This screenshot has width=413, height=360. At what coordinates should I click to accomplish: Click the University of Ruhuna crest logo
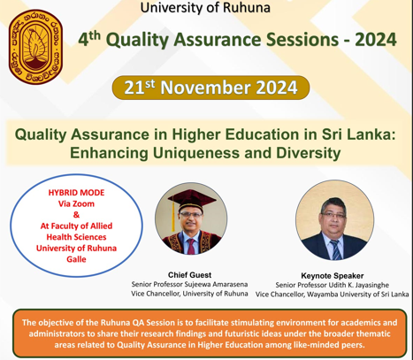35,47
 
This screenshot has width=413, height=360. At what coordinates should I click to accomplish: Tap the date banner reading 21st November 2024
210,88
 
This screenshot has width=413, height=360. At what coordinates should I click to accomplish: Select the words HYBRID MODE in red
76,193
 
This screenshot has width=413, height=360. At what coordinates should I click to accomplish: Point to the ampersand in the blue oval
76,215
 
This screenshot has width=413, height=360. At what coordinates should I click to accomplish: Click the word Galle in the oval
76,259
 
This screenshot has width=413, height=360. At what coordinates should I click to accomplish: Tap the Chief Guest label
189,275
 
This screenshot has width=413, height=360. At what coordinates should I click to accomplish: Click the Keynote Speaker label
333,276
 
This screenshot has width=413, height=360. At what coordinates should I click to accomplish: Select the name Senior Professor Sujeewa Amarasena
189,284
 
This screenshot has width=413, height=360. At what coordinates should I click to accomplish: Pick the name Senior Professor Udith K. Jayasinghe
333,285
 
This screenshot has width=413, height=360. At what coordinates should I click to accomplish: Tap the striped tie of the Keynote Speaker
335,249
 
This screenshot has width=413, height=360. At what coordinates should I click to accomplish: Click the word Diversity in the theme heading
309,153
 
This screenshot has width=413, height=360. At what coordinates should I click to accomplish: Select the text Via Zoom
76,203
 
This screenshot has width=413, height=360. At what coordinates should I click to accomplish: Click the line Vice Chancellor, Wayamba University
333,295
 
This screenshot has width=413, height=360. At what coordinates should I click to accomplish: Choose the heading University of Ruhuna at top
205,8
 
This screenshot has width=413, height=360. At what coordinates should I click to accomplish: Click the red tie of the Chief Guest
191,246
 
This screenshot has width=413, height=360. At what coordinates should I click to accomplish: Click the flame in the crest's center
35,46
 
